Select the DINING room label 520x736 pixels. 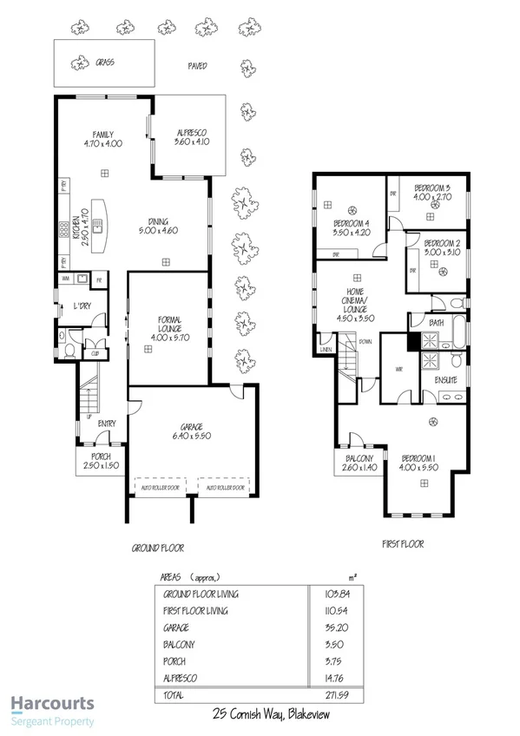coord(158,220)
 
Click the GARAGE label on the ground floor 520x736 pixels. coord(192,427)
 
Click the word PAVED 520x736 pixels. coord(197,66)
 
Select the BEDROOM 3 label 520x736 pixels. coord(431,187)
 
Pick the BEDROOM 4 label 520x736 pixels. coord(352,223)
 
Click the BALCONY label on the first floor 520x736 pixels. coord(359,459)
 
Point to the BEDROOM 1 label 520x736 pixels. coord(418,459)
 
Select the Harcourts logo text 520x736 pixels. coord(51,704)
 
